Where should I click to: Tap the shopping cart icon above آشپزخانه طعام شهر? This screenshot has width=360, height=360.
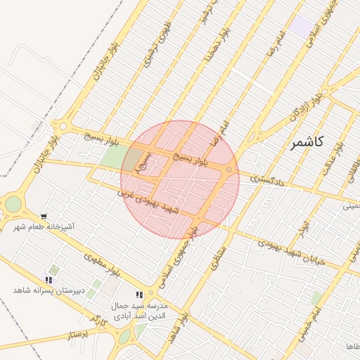pos(45,217)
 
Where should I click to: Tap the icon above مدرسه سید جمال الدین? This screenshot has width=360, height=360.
pos(140,295)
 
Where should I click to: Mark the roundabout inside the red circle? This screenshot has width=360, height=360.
pos(229,171)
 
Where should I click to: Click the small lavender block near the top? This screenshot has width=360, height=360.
pos(303,27)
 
